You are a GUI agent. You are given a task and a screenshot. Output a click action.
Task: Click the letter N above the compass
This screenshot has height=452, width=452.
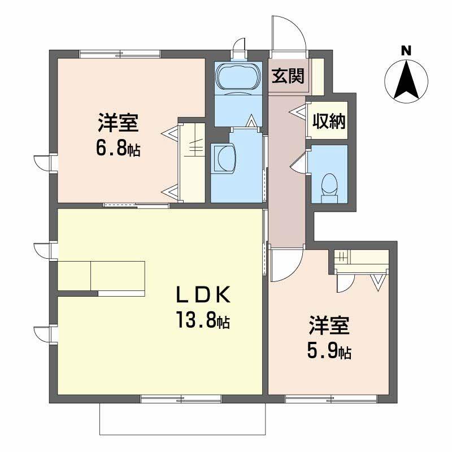coord(406,50)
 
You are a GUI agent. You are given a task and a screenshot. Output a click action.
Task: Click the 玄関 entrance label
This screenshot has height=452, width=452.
coord(288,76)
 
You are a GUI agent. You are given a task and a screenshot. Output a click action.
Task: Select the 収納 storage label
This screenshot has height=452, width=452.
coord(329,121)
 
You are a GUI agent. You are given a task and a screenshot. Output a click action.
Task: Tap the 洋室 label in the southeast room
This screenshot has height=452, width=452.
coord(328,326)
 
